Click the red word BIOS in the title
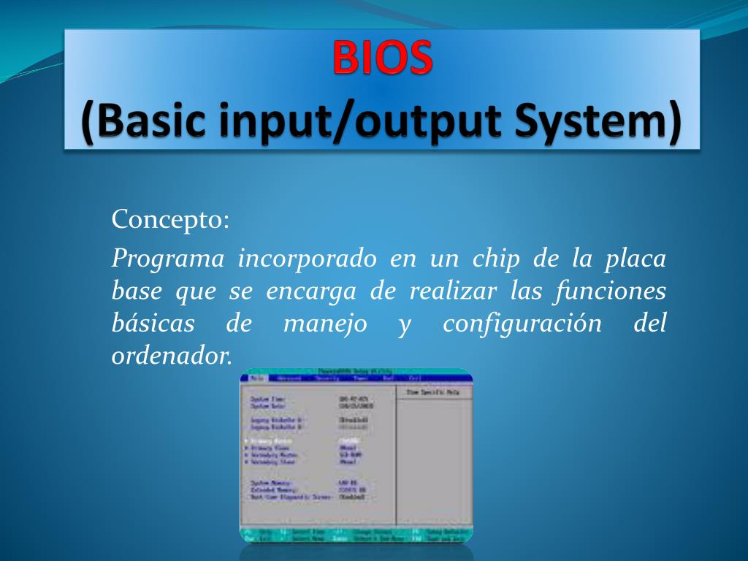pyautogui.click(x=383, y=58)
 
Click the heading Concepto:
pyautogui.click(x=170, y=219)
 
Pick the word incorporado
pyautogui.click(x=308, y=259)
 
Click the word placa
pyautogui.click(x=636, y=259)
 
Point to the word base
pyautogui.click(x=137, y=291)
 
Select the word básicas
pyautogui.click(x=153, y=324)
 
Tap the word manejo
pyautogui.click(x=325, y=324)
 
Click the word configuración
pyautogui.click(x=522, y=324)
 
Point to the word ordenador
pyautogui.click(x=172, y=356)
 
